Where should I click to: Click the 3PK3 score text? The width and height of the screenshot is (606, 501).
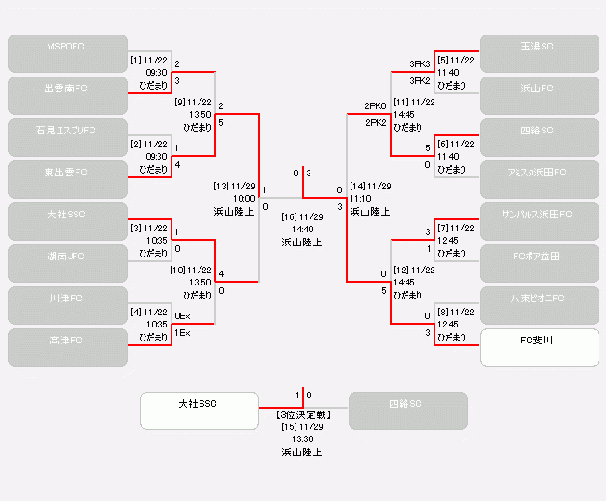[420, 64]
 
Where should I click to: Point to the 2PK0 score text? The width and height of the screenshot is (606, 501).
[375, 105]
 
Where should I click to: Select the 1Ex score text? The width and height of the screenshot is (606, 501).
[183, 333]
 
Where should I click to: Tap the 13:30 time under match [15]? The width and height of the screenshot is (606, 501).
[302, 439]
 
